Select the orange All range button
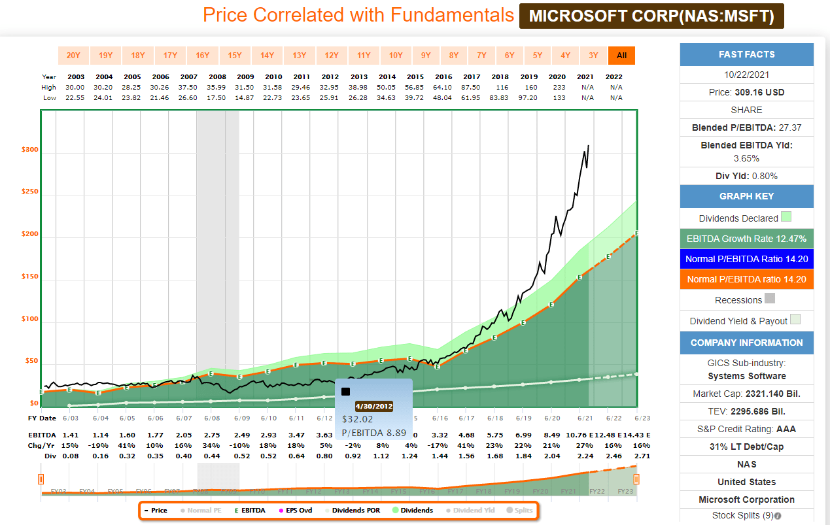(x=621, y=56)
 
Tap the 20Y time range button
(x=73, y=56)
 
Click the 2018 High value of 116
(x=502, y=87)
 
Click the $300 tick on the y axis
(x=30, y=150)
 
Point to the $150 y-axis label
(x=30, y=277)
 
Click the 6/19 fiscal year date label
(x=523, y=418)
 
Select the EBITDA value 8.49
(x=551, y=434)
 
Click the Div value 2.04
(x=551, y=456)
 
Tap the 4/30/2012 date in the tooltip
(x=374, y=406)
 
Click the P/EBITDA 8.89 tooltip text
(x=374, y=433)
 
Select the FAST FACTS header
(x=746, y=54)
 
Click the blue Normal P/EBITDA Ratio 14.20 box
(x=746, y=259)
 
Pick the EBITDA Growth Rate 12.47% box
(x=746, y=239)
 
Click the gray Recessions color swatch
(x=770, y=299)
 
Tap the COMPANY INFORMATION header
(x=746, y=343)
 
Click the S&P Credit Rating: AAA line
(x=746, y=429)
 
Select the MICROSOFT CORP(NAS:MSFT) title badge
(x=651, y=16)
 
